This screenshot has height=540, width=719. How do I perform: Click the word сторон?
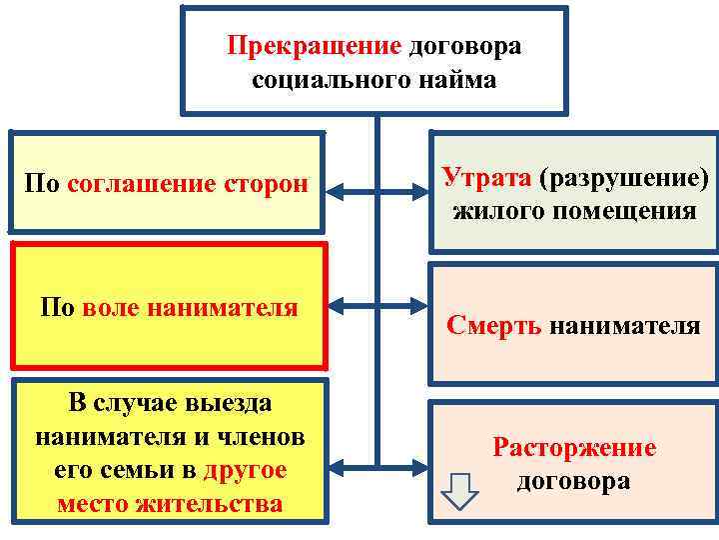[x=265, y=184]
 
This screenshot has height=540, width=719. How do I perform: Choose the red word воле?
[x=113, y=308]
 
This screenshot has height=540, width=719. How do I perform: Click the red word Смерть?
[x=494, y=325]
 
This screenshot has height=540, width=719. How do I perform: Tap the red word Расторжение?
[x=574, y=447]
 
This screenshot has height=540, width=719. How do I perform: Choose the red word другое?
[x=245, y=470]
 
